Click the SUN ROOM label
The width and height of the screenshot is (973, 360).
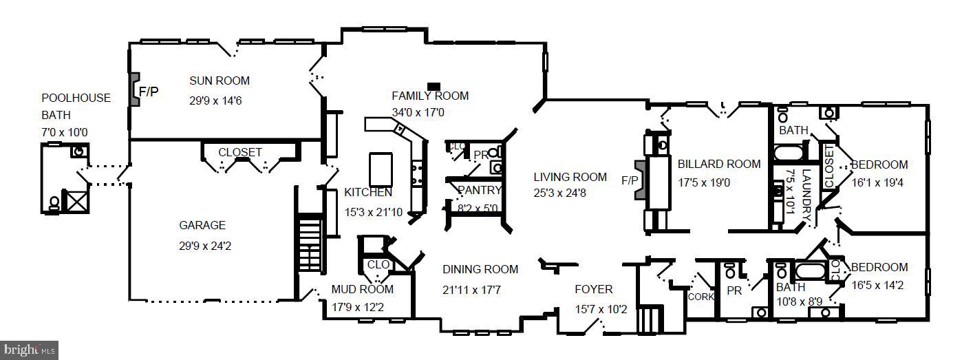pyautogui.click(x=220, y=81)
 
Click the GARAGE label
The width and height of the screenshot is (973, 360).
pyautogui.click(x=202, y=225)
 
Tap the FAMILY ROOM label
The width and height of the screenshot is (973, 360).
pyautogui.click(x=430, y=96)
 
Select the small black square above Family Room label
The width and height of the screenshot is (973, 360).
pyautogui.click(x=434, y=85)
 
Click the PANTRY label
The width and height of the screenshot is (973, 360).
pyautogui.click(x=480, y=190)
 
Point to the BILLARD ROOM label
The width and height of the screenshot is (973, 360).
pyautogui.click(x=719, y=164)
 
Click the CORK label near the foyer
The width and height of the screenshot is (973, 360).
pyautogui.click(x=700, y=297)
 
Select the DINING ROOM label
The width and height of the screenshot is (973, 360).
pyautogui.click(x=480, y=269)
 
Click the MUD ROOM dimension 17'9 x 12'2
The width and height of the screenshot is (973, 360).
pyautogui.click(x=362, y=307)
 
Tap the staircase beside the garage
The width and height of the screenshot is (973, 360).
pyautogui.click(x=310, y=244)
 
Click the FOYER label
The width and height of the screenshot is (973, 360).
pyautogui.click(x=593, y=289)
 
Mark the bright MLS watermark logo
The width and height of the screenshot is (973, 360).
pyautogui.click(x=29, y=350)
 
